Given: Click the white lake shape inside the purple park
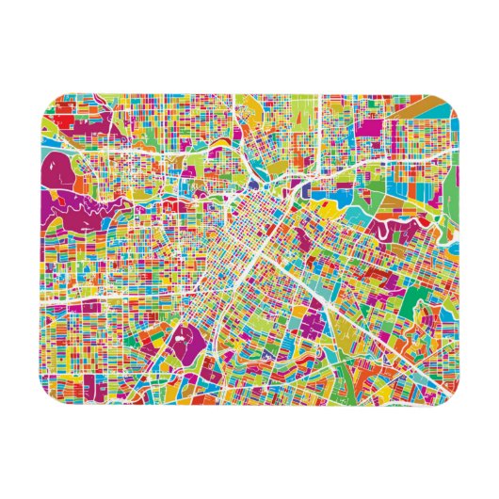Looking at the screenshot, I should point(178,333).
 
